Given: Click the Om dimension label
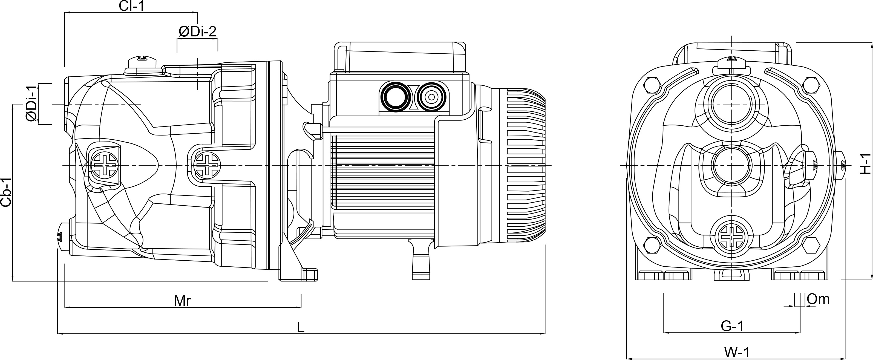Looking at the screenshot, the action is (818, 299).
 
